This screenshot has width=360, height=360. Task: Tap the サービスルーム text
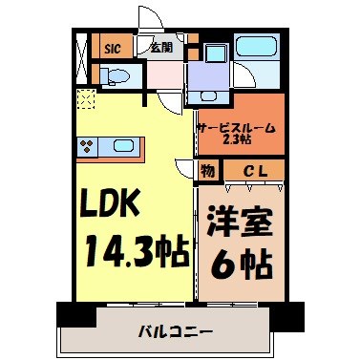point(237,126)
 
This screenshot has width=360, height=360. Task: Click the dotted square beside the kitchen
point(87,98)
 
